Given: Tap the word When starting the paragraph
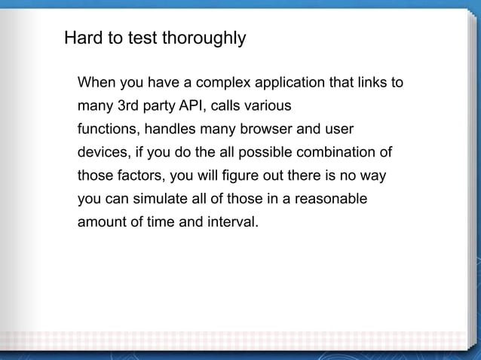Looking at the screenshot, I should tap(97, 82).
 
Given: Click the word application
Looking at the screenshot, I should tap(287, 82).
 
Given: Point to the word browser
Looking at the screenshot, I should tap(265, 129).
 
